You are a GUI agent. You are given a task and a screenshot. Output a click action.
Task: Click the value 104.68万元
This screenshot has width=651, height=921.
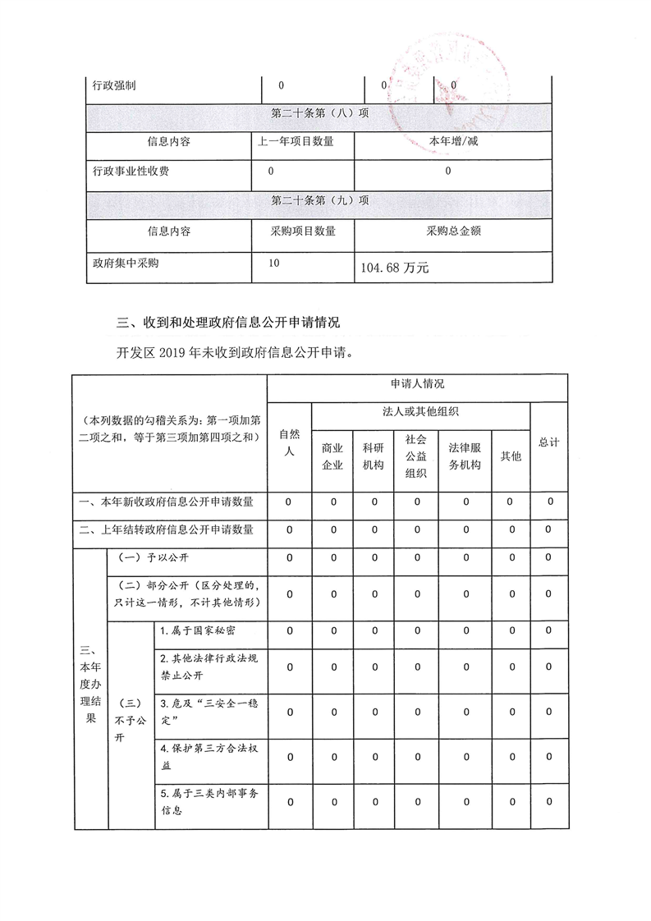coord(396,268)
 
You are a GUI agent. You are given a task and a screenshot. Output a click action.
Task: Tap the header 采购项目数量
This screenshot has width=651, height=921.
coord(303,231)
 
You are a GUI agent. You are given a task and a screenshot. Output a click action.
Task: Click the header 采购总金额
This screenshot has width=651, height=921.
coord(453,231)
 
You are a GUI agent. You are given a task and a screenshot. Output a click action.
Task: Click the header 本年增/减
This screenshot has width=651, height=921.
coord(453,141)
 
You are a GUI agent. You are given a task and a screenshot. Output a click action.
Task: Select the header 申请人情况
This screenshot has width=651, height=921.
coord(417,384)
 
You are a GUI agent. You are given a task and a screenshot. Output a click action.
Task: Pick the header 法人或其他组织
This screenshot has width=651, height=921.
coord(420,410)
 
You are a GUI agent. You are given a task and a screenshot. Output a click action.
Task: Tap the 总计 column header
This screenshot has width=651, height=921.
coord(548,442)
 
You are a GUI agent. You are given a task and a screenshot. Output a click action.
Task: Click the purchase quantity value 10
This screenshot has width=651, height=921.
coord(273,263)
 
